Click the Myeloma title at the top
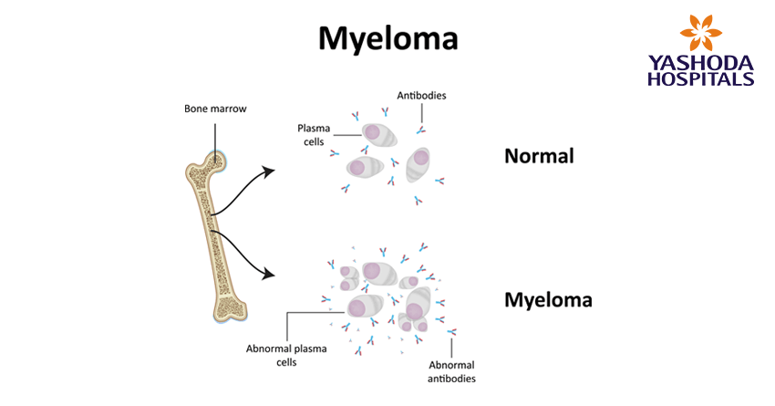click(x=387, y=39)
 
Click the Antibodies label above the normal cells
click(x=421, y=95)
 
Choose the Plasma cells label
click(x=313, y=135)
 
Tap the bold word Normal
click(x=539, y=156)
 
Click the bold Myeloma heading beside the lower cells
click(x=548, y=299)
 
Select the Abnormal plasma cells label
click(x=273, y=354)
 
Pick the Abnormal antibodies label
click(x=452, y=371)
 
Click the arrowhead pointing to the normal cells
click(x=270, y=170)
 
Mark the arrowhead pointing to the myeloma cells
click(x=270, y=273)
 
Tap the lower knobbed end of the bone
click(x=229, y=309)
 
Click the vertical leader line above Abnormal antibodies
click(x=451, y=343)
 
